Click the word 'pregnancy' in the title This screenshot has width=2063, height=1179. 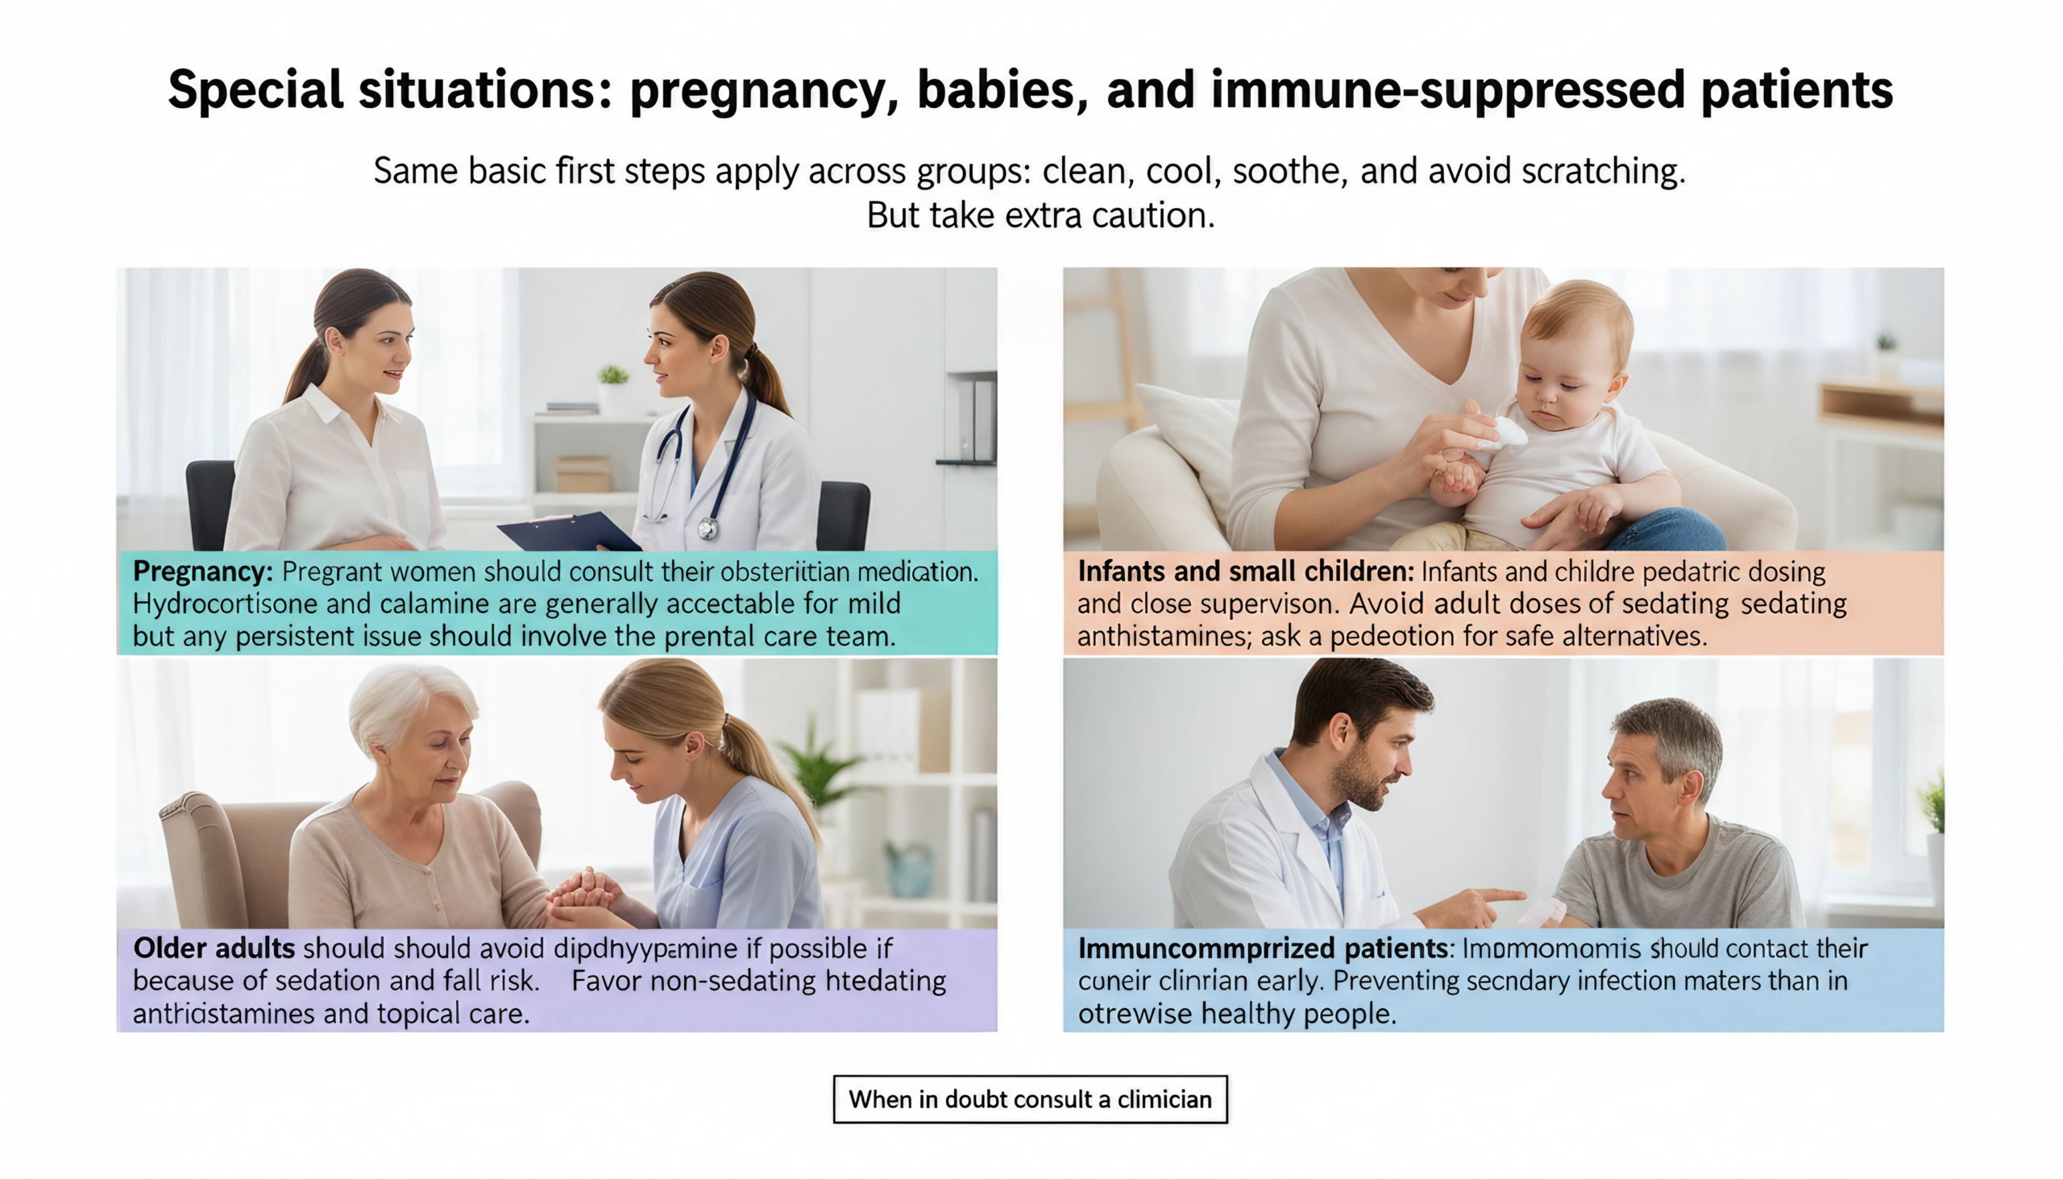pyautogui.click(x=762, y=91)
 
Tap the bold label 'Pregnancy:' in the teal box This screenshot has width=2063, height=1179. pyautogui.click(x=202, y=571)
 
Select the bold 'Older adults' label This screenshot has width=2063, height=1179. pyautogui.click(x=214, y=949)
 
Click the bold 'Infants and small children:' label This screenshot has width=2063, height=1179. pyautogui.click(x=1245, y=571)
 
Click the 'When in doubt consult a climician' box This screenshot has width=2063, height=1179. pyautogui.click(x=1030, y=1099)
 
